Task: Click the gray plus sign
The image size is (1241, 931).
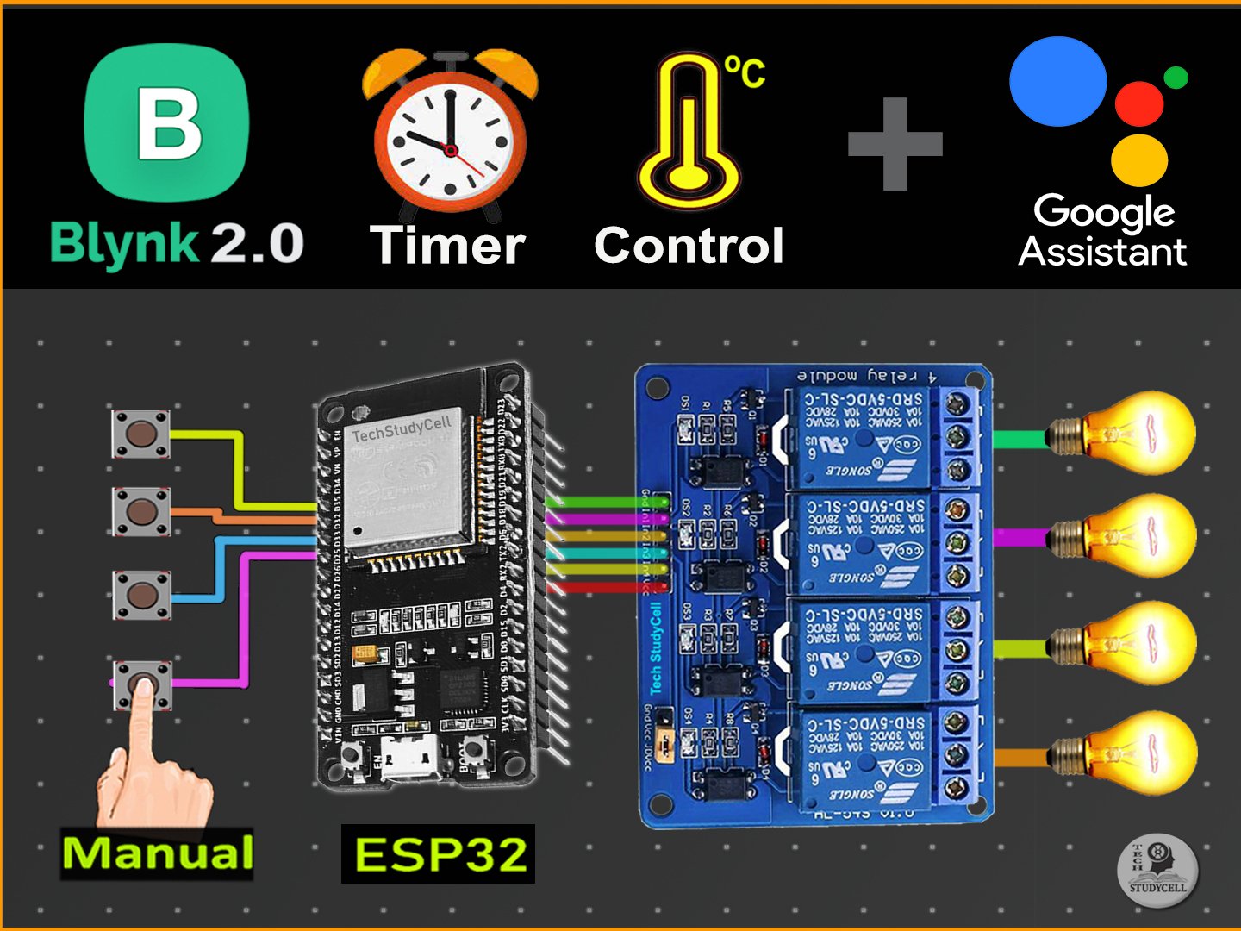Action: [x=895, y=144]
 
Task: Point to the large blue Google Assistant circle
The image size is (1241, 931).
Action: [x=1057, y=82]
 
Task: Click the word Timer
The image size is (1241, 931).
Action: [x=447, y=246]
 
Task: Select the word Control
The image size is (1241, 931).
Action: [x=689, y=246]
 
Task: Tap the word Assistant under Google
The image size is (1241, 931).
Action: [x=1102, y=252]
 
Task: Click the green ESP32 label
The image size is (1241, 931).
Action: [x=439, y=854]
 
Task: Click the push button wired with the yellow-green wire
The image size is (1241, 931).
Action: [x=140, y=434]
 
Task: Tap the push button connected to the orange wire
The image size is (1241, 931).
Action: [x=140, y=511]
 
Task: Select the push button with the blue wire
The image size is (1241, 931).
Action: [x=140, y=593]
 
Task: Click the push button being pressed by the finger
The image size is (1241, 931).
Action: [x=142, y=685]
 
